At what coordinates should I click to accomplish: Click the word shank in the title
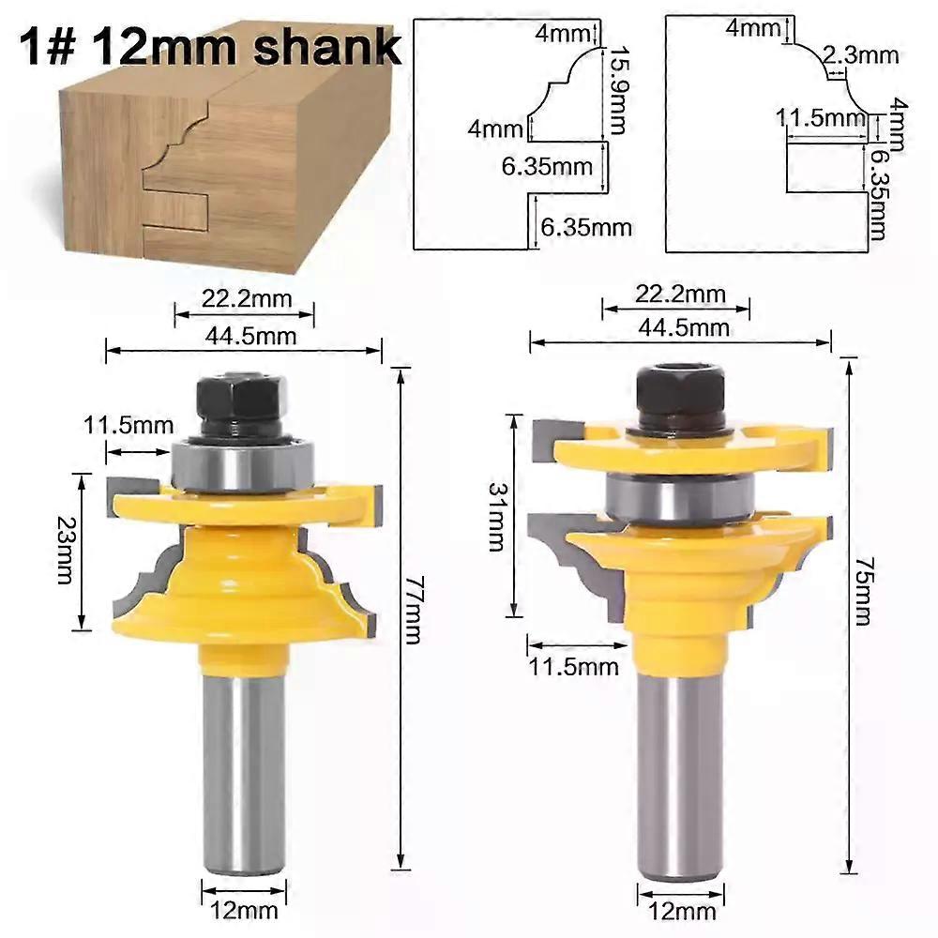point(327,47)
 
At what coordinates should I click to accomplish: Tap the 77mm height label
point(413,610)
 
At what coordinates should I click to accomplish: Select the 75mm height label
point(862,592)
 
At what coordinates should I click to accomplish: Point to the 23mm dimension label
point(65,550)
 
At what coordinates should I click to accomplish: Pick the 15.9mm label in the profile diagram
point(617,90)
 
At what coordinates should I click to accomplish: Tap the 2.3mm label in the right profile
point(860,55)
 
